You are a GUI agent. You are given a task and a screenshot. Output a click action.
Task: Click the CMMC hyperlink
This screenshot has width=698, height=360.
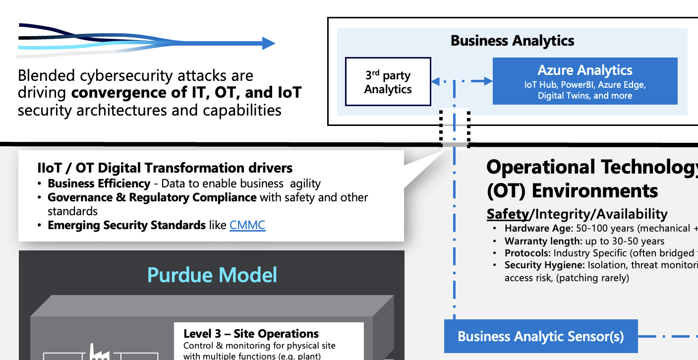point(247,225)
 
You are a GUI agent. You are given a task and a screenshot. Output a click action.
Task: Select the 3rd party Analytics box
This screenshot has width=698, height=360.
point(388,82)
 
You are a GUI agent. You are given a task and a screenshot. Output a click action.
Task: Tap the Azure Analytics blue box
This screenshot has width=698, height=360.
point(585,81)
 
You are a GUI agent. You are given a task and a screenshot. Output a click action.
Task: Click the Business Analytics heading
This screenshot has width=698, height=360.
point(512,41)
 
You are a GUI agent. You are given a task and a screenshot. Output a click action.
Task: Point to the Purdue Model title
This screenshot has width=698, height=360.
point(212,275)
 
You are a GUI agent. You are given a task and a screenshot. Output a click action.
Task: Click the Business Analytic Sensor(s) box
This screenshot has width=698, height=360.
point(541,337)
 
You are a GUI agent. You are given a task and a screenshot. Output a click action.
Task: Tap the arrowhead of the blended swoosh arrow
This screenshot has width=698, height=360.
point(268,44)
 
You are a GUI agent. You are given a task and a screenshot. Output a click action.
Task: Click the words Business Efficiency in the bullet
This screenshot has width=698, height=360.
point(99,183)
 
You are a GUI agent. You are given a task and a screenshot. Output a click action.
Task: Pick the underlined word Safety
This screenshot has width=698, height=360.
point(508,214)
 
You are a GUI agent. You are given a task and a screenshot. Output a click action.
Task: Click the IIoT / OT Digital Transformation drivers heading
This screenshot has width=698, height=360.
point(165,168)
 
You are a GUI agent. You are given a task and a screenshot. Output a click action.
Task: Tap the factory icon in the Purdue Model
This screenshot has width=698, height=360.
point(99,352)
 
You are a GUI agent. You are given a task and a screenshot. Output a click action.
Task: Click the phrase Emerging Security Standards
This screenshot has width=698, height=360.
point(126,225)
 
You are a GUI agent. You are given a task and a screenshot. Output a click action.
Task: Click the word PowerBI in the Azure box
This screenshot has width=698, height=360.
point(579,85)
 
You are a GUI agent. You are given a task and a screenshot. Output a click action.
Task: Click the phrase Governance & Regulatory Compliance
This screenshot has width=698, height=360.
point(152,197)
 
